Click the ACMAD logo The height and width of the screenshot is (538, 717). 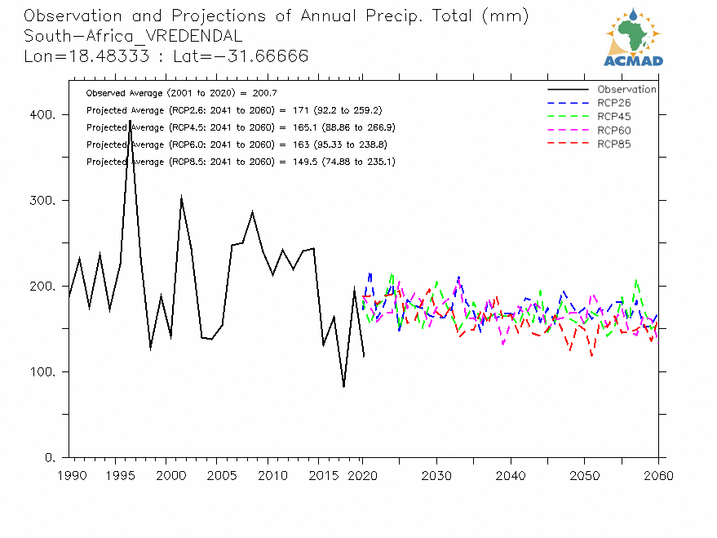tap(633, 38)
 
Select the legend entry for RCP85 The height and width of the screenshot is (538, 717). tap(613, 145)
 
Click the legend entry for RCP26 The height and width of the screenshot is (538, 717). tap(613, 103)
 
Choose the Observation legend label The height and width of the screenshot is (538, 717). tap(626, 89)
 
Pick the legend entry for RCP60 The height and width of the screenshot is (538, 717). tap(613, 131)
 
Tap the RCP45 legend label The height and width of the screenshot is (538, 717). tap(613, 117)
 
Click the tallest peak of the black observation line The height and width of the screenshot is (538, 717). tap(130, 121)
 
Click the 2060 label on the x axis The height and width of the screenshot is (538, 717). tap(658, 474)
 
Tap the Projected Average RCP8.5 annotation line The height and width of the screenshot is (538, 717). tap(241, 162)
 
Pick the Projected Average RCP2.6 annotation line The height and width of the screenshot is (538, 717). tap(234, 110)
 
